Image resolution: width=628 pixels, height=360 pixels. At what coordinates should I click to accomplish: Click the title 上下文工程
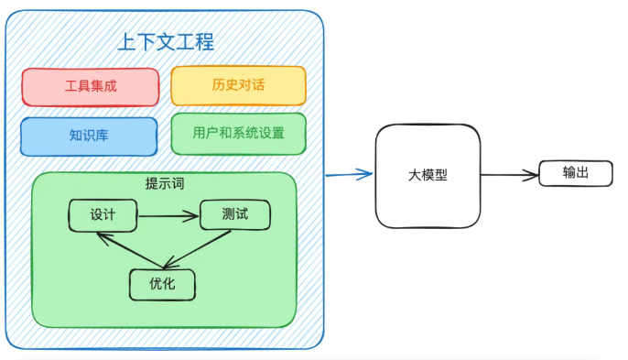click(166, 42)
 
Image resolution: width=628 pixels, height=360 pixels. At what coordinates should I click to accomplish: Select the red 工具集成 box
click(91, 86)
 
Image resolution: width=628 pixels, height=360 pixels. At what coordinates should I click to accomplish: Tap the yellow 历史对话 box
click(238, 85)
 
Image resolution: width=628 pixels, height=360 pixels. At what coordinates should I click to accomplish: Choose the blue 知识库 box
click(89, 136)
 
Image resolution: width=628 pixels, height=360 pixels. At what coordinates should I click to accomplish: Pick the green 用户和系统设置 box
click(238, 133)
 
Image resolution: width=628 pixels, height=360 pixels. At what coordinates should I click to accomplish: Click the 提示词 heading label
click(165, 182)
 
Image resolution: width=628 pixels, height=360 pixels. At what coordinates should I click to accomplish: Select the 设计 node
click(103, 216)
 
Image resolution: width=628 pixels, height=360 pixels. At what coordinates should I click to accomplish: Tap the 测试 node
click(234, 214)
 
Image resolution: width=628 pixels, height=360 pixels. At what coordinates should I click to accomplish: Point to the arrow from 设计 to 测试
click(168, 217)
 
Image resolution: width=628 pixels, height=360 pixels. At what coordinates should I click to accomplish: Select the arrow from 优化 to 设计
click(124, 251)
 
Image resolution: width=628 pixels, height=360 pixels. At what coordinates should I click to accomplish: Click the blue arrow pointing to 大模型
click(349, 173)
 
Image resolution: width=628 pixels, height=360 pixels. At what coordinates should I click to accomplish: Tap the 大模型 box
click(428, 175)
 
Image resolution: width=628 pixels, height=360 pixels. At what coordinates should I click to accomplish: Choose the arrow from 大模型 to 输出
click(508, 174)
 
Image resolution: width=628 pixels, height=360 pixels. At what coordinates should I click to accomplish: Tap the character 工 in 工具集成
click(71, 86)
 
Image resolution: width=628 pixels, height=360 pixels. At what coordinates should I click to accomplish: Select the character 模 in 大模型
click(428, 175)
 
